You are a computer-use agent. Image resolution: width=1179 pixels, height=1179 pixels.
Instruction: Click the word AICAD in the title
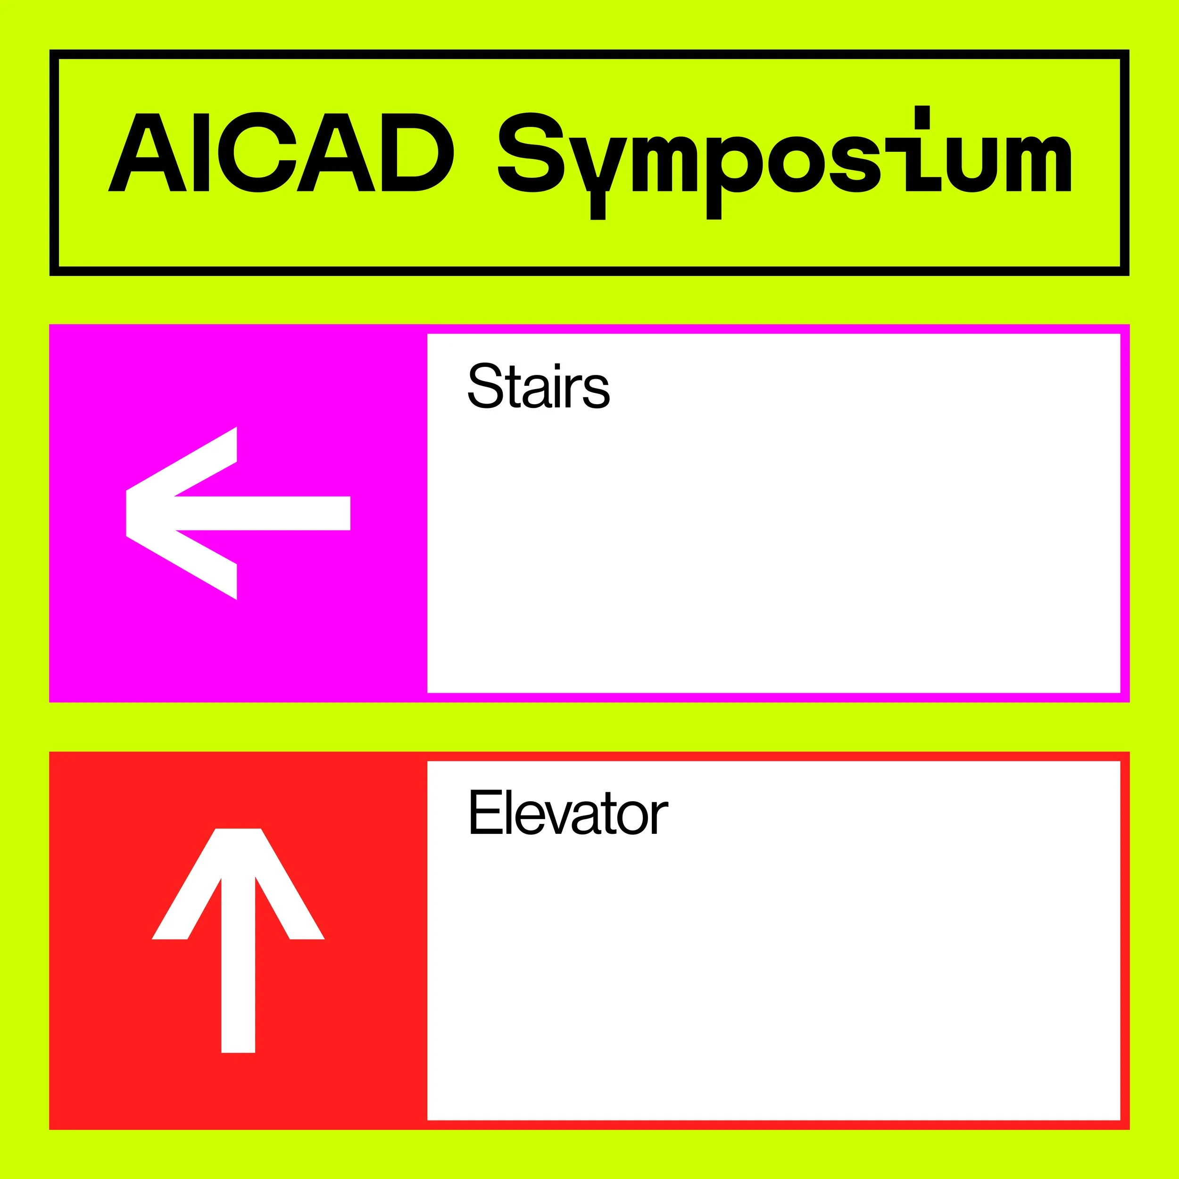(281, 152)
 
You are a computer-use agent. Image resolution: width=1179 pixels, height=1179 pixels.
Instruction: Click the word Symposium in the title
(784, 156)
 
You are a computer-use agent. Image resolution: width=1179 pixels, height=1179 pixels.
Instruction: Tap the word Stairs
(538, 386)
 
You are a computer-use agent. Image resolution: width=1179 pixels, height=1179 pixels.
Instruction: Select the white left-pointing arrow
(238, 513)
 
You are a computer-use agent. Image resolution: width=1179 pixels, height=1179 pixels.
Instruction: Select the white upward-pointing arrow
(238, 940)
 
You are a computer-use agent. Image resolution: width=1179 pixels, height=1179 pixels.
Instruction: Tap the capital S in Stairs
(485, 386)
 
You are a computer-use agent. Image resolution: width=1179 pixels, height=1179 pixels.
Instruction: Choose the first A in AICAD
(147, 152)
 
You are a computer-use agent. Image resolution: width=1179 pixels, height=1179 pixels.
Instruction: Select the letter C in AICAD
(259, 152)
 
